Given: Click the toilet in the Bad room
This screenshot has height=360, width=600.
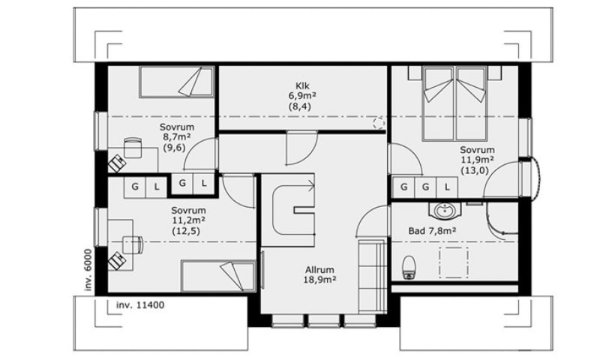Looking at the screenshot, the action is pyautogui.click(x=409, y=268).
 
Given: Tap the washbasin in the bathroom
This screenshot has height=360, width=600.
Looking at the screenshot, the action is pyautogui.click(x=445, y=210).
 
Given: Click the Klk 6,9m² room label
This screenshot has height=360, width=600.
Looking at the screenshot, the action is pyautogui.click(x=302, y=96).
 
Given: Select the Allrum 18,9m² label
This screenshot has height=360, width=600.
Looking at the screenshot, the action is pyautogui.click(x=319, y=274).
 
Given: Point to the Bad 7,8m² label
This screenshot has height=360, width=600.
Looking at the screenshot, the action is pyautogui.click(x=432, y=231).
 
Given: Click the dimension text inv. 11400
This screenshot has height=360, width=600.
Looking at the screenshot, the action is pyautogui.click(x=140, y=305).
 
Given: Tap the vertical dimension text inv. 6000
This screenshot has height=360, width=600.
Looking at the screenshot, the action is pyautogui.click(x=88, y=270).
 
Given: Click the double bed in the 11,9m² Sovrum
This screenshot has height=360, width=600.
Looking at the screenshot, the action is pyautogui.click(x=454, y=103).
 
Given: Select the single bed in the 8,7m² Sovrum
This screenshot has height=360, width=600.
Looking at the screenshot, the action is pyautogui.click(x=176, y=82).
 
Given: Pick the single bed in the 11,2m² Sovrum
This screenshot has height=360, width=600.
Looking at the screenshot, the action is pyautogui.click(x=218, y=276).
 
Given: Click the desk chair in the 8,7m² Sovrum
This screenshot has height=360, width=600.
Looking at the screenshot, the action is pyautogui.click(x=133, y=148).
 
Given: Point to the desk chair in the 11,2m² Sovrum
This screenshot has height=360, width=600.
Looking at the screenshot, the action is pyautogui.click(x=133, y=244).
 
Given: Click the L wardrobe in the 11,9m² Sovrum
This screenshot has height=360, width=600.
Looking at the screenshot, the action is pyautogui.click(x=447, y=187).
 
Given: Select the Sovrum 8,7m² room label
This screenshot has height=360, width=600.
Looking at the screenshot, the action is pyautogui.click(x=177, y=137).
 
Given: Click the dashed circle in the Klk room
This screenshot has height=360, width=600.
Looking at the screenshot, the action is pyautogui.click(x=379, y=123).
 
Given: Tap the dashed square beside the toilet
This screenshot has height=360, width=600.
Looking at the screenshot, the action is pyautogui.click(x=454, y=262).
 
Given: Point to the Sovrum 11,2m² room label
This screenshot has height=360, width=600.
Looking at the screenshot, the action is pyautogui.click(x=189, y=220).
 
